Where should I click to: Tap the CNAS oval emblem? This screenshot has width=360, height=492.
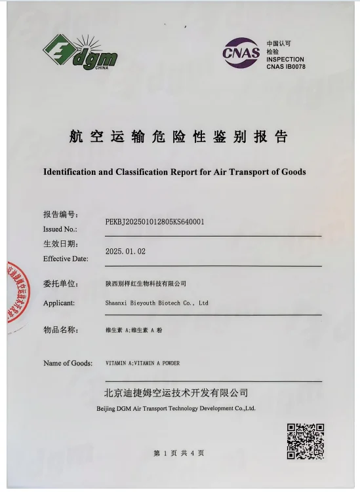[x=241, y=52]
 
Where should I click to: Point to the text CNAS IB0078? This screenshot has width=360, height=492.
[x=285, y=67]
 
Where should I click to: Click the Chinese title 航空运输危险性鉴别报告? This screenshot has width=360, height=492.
[x=178, y=138]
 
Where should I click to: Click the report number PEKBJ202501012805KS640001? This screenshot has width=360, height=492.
[x=155, y=221]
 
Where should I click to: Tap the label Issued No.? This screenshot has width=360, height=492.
[x=60, y=229]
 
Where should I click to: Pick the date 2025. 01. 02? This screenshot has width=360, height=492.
[x=125, y=252]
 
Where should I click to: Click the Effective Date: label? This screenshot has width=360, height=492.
[x=66, y=259]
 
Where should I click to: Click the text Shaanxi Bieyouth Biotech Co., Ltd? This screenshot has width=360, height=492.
[x=157, y=303]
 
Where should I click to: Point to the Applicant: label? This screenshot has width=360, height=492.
[x=59, y=303]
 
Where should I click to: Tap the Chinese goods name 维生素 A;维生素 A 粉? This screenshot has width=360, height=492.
[x=133, y=331]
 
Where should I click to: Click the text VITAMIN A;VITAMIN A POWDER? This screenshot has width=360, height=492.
[x=142, y=363]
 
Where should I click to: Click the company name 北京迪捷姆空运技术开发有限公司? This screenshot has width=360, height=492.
[x=176, y=393]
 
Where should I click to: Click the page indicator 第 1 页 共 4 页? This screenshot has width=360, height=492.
[x=178, y=453]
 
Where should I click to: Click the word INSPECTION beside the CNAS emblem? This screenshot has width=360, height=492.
[x=285, y=59]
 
